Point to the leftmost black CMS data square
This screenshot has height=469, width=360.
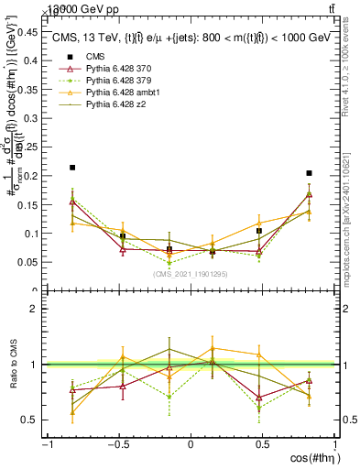pyautogui.click(x=72, y=168)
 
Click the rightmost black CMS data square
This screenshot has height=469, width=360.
pyautogui.click(x=310, y=173)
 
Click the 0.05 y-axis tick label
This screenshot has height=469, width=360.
pyautogui.click(x=27, y=263)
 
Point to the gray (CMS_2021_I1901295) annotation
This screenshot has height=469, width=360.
pyautogui.click(x=191, y=274)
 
